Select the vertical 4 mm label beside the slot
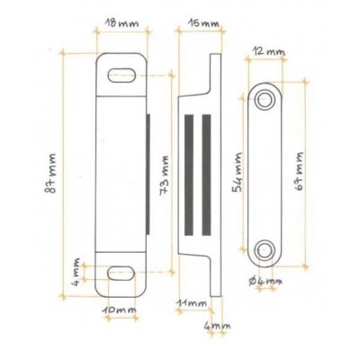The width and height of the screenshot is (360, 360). point(78,269)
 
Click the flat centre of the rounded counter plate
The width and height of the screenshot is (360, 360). point(266,173)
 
